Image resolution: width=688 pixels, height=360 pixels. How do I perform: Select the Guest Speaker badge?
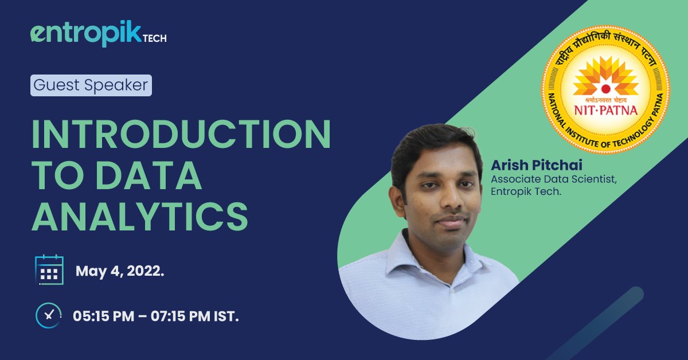(x=91, y=85)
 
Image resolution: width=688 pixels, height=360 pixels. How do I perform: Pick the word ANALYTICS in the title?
(x=140, y=217)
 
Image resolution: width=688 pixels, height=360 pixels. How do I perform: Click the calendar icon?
(x=49, y=270)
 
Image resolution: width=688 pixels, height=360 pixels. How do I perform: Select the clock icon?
(x=49, y=315)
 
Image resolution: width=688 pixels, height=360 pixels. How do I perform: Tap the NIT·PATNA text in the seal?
(x=605, y=109)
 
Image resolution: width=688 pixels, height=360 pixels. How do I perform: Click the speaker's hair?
(x=436, y=143)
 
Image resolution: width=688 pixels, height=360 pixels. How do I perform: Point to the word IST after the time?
(x=226, y=316)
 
